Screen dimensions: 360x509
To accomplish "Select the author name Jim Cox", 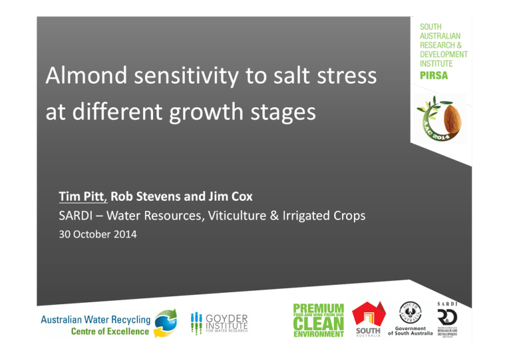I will (233, 197).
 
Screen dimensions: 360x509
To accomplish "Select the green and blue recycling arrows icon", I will (166, 323).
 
